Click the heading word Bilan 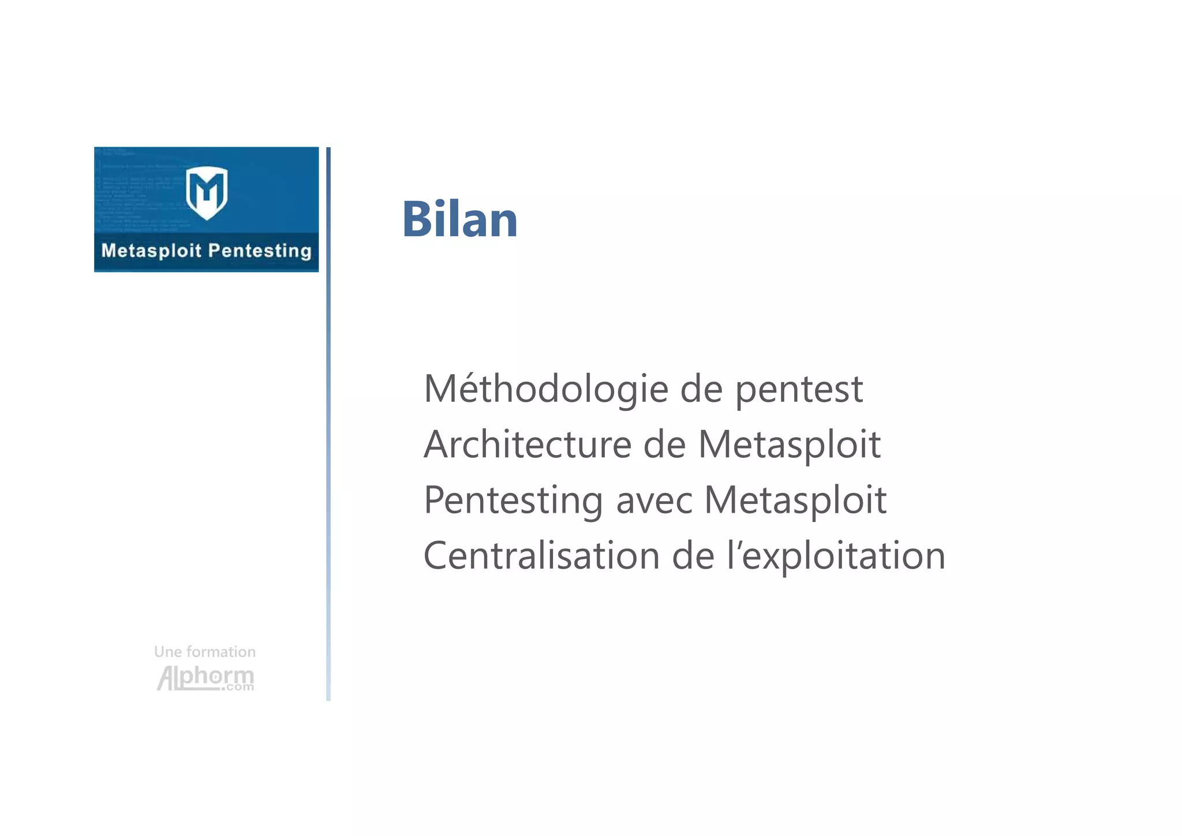pyautogui.click(x=459, y=219)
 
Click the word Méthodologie pyautogui.click(x=545, y=389)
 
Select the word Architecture pyautogui.click(x=528, y=445)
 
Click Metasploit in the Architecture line pyautogui.click(x=789, y=445)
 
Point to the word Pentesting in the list pyautogui.click(x=513, y=500)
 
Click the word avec pyautogui.click(x=654, y=501)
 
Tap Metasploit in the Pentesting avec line pyautogui.click(x=795, y=500)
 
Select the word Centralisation pyautogui.click(x=541, y=555)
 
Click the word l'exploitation pyautogui.click(x=836, y=557)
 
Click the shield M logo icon pyautogui.click(x=207, y=192)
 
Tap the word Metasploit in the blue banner pyautogui.click(x=151, y=251)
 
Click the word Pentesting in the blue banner pyautogui.click(x=259, y=251)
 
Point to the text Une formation pyautogui.click(x=205, y=652)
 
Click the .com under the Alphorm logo pyautogui.click(x=238, y=687)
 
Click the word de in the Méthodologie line pyautogui.click(x=701, y=389)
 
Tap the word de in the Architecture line pyautogui.click(x=664, y=445)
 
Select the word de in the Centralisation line pyautogui.click(x=693, y=555)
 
